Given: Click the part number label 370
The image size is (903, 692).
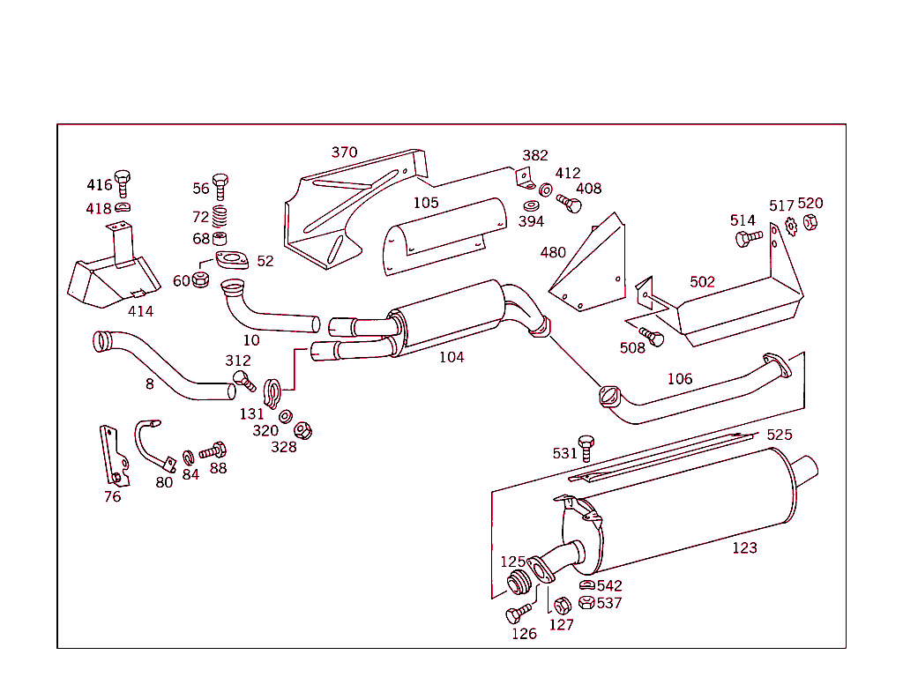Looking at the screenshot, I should (344, 153).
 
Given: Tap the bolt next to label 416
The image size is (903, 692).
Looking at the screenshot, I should (123, 182).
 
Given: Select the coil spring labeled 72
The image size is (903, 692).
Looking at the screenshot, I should (220, 215).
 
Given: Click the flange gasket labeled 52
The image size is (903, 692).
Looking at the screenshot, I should (232, 261).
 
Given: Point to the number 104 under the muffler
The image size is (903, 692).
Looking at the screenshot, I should (451, 357).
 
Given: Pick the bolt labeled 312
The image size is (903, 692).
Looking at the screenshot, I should (243, 380).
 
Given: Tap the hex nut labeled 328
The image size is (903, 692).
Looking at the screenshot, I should (302, 430).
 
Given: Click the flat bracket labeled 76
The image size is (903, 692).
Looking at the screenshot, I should (112, 455).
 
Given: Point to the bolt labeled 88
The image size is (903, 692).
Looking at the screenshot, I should (214, 450).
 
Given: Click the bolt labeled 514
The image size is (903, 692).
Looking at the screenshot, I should (748, 237).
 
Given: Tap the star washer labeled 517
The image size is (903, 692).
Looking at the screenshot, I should (791, 227).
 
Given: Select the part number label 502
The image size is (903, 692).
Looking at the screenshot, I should (702, 282).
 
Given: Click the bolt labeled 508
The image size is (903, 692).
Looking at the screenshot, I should (653, 336).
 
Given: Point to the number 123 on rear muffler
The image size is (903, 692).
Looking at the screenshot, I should (744, 547).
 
